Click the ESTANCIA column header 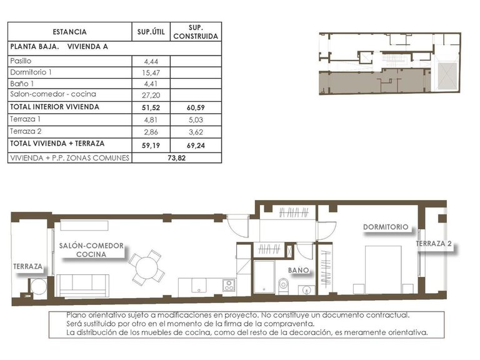point(69,32)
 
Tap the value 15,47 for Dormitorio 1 point(151,72)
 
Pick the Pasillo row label point(21,61)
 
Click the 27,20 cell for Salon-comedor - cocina point(151,94)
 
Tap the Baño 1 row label point(22,84)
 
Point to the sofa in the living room point(83,285)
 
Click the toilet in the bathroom point(283,286)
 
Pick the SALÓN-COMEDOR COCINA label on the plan point(91,250)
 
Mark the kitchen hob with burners point(229,286)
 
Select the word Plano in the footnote point(76,316)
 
